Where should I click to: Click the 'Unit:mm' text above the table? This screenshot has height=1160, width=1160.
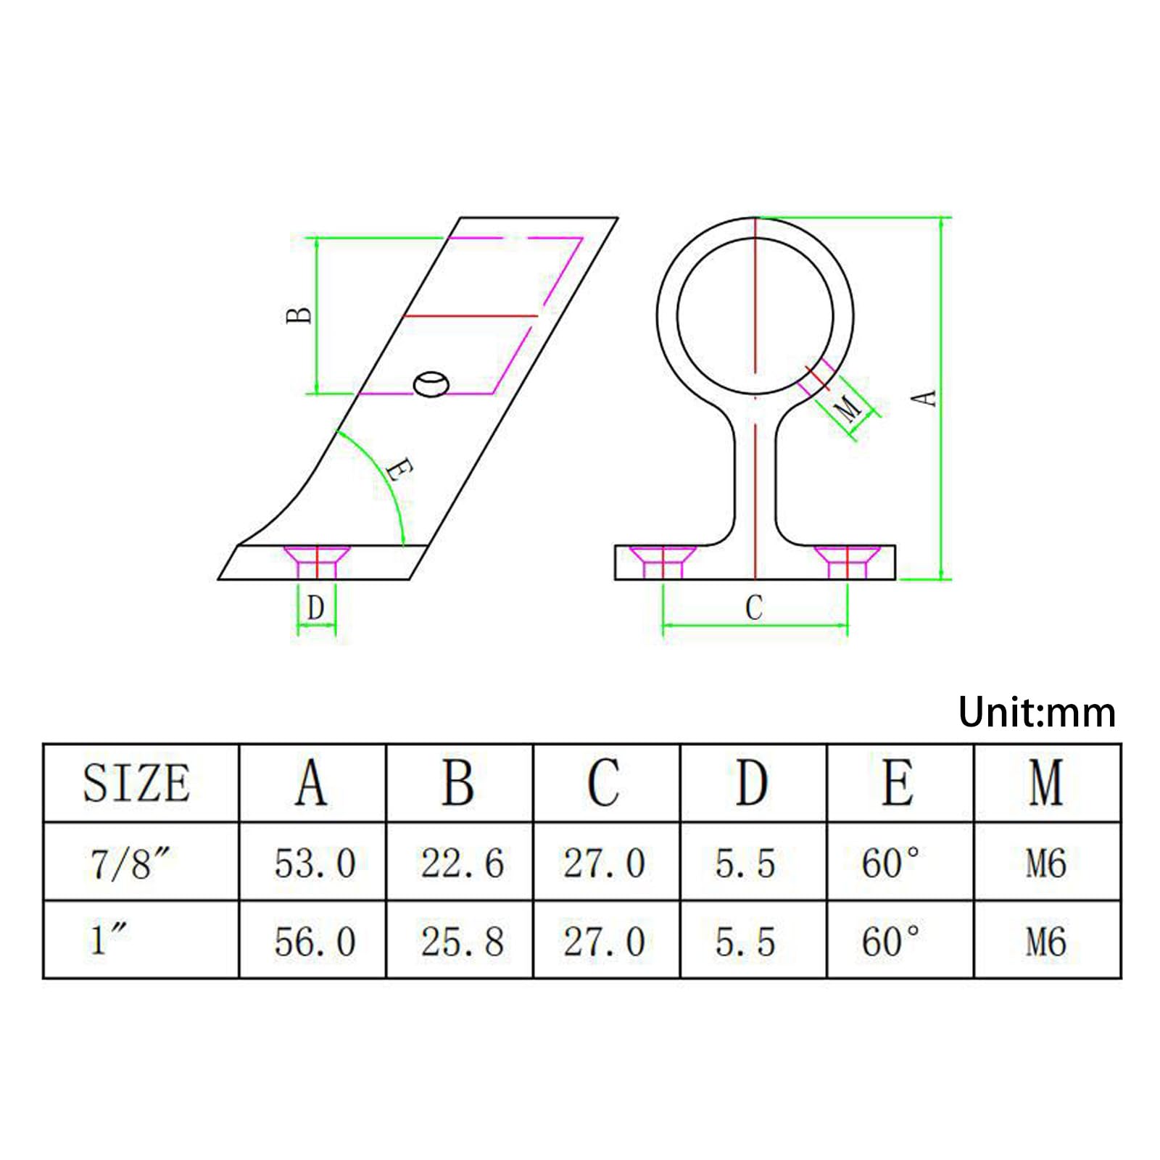point(1036,712)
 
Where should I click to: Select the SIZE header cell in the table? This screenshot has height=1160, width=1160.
point(136,783)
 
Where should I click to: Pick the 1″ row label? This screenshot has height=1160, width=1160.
point(109,940)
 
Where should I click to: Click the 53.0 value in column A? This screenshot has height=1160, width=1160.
point(315,863)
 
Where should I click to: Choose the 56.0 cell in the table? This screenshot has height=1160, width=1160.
point(315,942)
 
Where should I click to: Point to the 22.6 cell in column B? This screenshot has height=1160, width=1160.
point(462,863)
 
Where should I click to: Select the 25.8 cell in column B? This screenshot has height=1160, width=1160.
point(462,942)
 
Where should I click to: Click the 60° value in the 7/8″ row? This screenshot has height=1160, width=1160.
point(890,863)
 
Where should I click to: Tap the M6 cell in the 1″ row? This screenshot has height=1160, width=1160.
point(1045,942)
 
